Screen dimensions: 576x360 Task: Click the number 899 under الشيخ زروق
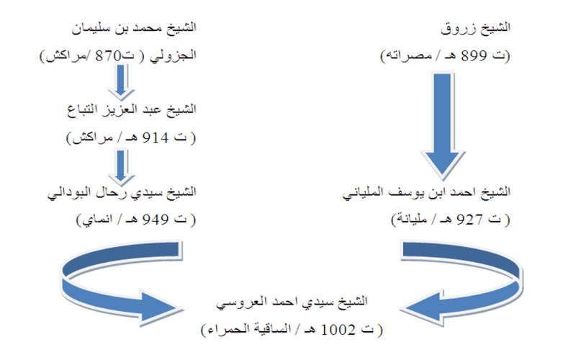[x=474, y=56]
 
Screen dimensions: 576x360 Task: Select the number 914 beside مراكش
[x=156, y=138]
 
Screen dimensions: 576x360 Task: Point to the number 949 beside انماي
[x=156, y=220]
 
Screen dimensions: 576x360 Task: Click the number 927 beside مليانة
[x=469, y=220]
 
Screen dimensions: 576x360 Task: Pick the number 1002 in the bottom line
[x=338, y=330]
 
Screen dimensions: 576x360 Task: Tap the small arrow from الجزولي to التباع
[x=121, y=81]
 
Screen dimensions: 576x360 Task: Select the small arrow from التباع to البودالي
[x=121, y=168]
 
